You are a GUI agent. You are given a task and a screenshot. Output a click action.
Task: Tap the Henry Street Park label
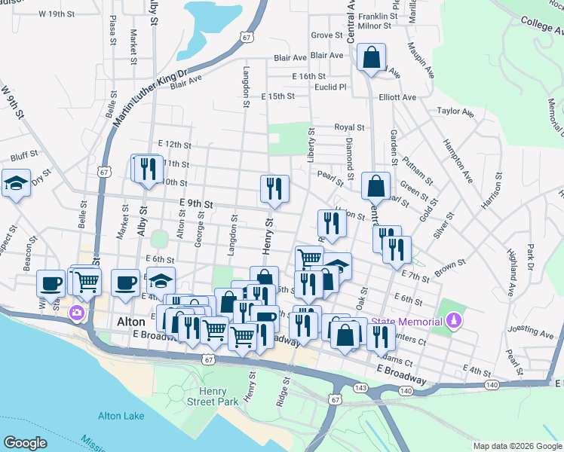[218, 396]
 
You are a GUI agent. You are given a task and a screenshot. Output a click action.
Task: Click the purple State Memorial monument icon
[452, 322]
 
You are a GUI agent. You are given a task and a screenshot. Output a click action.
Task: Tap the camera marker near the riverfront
[77, 313]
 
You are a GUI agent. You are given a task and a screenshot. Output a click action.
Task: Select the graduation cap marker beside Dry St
[16, 184]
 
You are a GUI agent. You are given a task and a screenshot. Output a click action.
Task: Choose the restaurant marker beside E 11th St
[146, 168]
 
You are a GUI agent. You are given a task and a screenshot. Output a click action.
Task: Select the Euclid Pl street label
[331, 87]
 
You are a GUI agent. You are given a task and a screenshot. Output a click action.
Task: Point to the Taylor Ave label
[455, 112]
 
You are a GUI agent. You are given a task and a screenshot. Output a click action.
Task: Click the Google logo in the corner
[25, 443]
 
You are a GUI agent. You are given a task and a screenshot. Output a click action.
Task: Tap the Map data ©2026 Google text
[516, 446]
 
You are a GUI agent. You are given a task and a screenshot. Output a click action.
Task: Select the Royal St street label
[350, 128]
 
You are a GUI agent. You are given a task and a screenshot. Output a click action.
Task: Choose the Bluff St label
[24, 157]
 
